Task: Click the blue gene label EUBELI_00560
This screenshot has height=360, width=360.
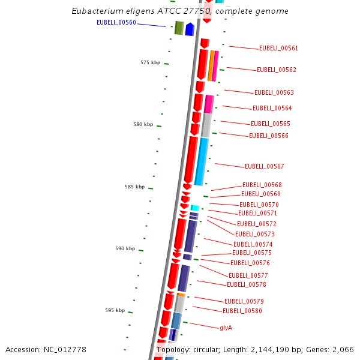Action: (x=116, y=23)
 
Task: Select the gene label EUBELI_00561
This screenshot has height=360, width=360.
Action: (x=278, y=49)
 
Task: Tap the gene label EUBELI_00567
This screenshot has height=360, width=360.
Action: (x=264, y=167)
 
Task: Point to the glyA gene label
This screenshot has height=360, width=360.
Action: (x=226, y=328)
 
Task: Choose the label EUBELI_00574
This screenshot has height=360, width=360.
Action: (x=253, y=245)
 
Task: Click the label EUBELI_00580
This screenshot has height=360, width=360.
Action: (x=242, y=311)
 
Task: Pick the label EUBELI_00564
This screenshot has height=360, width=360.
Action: (x=272, y=109)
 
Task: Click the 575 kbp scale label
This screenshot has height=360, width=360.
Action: (x=150, y=63)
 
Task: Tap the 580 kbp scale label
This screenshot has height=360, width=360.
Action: (x=143, y=125)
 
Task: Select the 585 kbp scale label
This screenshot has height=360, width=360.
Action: (x=134, y=187)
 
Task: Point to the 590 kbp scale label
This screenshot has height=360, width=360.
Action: (x=125, y=249)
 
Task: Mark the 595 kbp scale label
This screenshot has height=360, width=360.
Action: (x=115, y=311)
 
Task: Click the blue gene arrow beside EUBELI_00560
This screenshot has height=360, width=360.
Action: (x=190, y=29)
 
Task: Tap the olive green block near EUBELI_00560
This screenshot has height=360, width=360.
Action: (x=179, y=28)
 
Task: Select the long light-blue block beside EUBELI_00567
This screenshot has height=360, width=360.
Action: (x=202, y=161)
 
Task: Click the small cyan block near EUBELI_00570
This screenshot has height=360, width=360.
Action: (x=194, y=208)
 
